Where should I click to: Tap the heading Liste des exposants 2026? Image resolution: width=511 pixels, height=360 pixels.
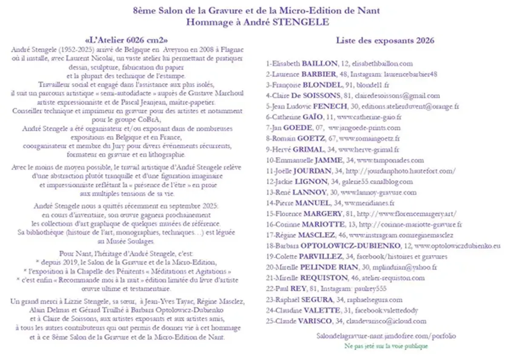[x=385, y=41]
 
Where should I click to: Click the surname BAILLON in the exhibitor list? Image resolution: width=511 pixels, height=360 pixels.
[x=319, y=63]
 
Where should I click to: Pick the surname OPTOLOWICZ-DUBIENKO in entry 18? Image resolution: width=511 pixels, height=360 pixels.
[x=350, y=246]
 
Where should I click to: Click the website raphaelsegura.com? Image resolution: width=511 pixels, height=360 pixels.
[x=375, y=300]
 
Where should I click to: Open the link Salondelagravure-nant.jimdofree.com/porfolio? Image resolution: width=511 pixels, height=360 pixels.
[x=386, y=336]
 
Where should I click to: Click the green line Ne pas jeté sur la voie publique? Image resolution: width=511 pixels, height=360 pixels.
[x=386, y=346]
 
